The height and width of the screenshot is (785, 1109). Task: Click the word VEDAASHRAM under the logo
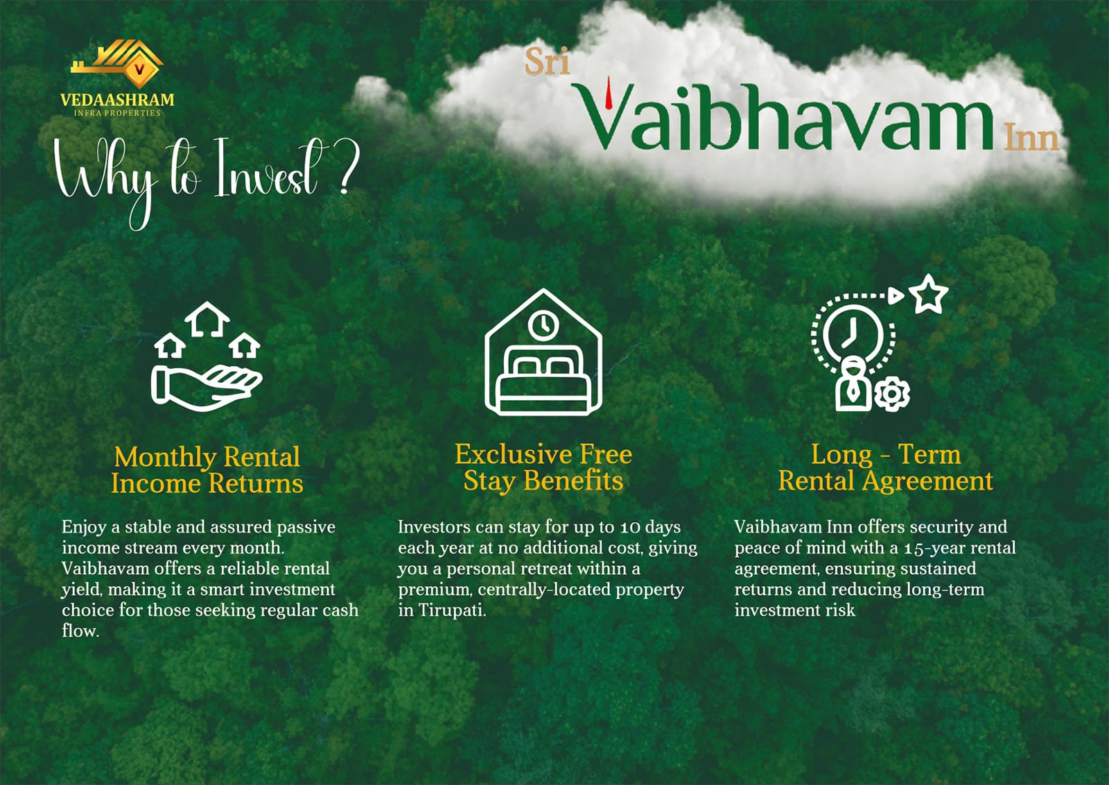(117, 100)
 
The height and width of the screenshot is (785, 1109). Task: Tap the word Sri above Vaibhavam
(547, 62)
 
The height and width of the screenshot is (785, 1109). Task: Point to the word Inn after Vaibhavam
(1031, 138)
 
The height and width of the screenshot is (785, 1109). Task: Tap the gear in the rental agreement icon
(891, 394)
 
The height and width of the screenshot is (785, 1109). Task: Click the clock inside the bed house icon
(543, 325)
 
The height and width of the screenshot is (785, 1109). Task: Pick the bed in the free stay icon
(544, 381)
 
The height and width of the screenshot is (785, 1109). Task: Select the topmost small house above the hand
(207, 320)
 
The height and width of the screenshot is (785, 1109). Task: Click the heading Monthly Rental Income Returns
(207, 470)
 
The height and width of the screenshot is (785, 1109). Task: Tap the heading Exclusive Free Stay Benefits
(543, 467)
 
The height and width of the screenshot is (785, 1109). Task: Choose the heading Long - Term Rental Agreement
(886, 467)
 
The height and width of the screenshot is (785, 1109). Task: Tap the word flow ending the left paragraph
(80, 630)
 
